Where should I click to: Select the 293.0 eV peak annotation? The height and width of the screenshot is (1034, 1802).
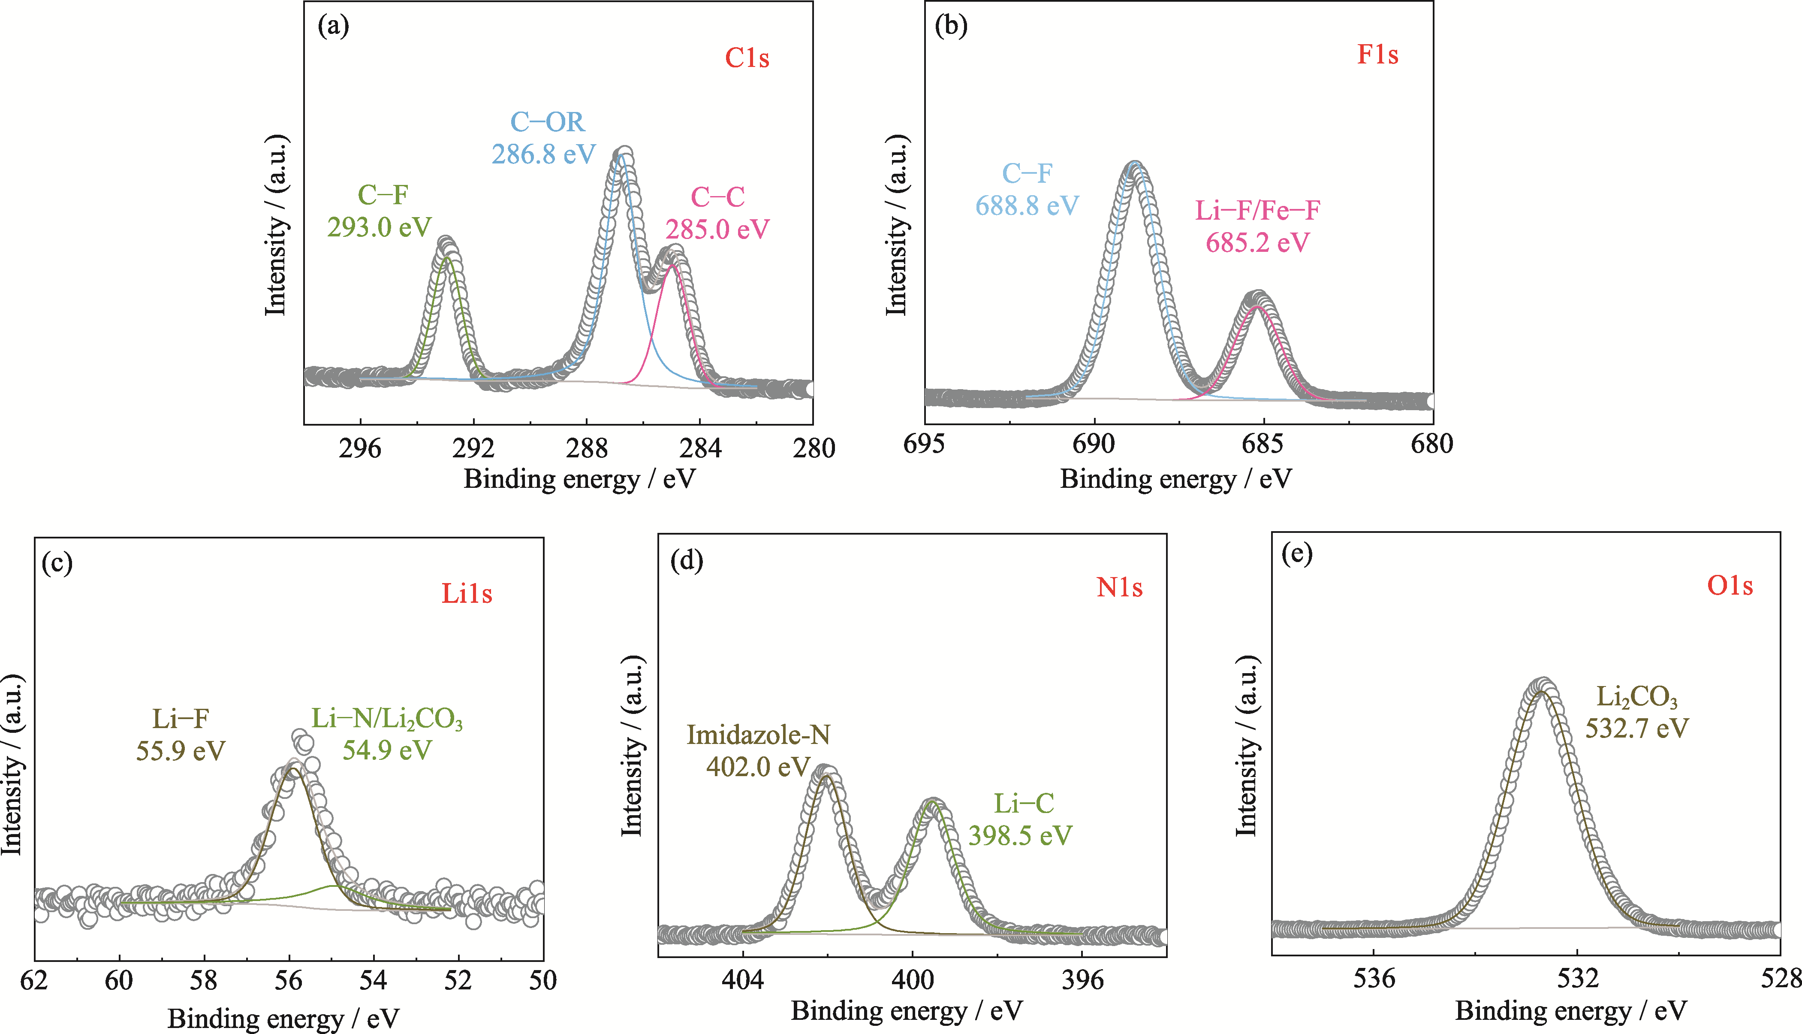coord(379,227)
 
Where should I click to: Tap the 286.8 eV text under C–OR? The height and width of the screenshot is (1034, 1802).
coord(544,154)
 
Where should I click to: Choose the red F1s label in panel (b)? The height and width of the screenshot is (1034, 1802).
coord(1377,54)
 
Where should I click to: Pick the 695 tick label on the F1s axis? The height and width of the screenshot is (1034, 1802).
coord(924,444)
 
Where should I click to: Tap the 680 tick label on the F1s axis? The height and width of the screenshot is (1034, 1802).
coord(1432,444)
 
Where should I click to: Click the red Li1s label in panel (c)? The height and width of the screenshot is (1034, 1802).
coord(466,594)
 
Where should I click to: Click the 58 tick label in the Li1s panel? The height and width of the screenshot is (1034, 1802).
coord(204,981)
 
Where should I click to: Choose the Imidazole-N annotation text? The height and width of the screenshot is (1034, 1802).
coord(758,734)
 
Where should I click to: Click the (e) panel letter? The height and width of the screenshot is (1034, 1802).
coord(1297,553)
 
